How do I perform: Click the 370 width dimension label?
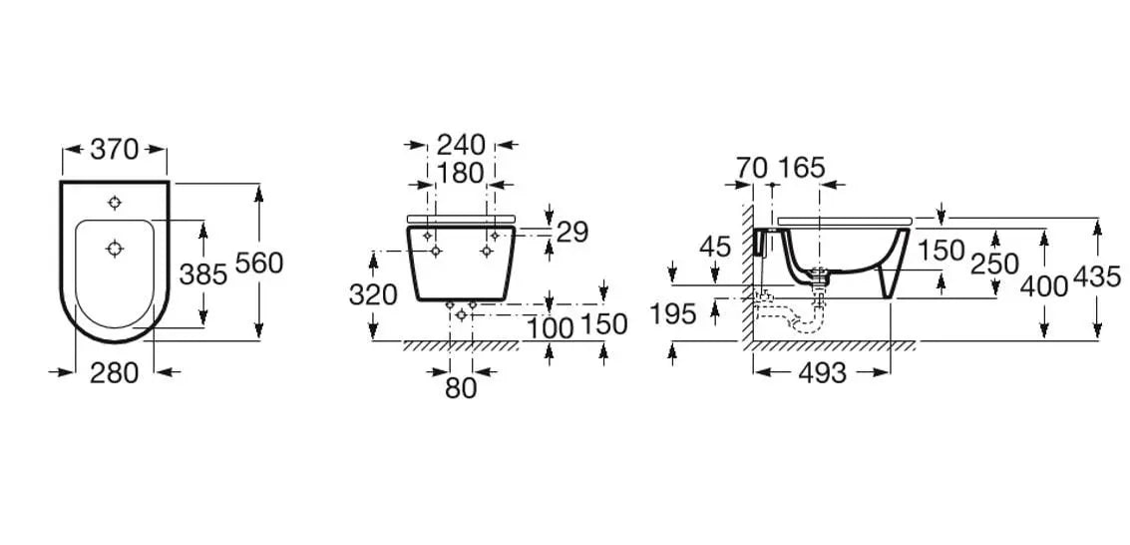(x=114, y=150)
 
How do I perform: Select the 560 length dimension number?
(x=259, y=264)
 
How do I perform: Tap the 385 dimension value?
(x=203, y=273)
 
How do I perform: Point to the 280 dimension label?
(x=114, y=372)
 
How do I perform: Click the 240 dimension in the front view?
(x=461, y=145)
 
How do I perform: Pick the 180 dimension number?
(x=461, y=173)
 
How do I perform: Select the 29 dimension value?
(x=572, y=233)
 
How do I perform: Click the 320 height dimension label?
(x=373, y=294)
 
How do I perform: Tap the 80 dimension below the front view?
(x=461, y=388)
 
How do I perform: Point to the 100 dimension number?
(x=550, y=328)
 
